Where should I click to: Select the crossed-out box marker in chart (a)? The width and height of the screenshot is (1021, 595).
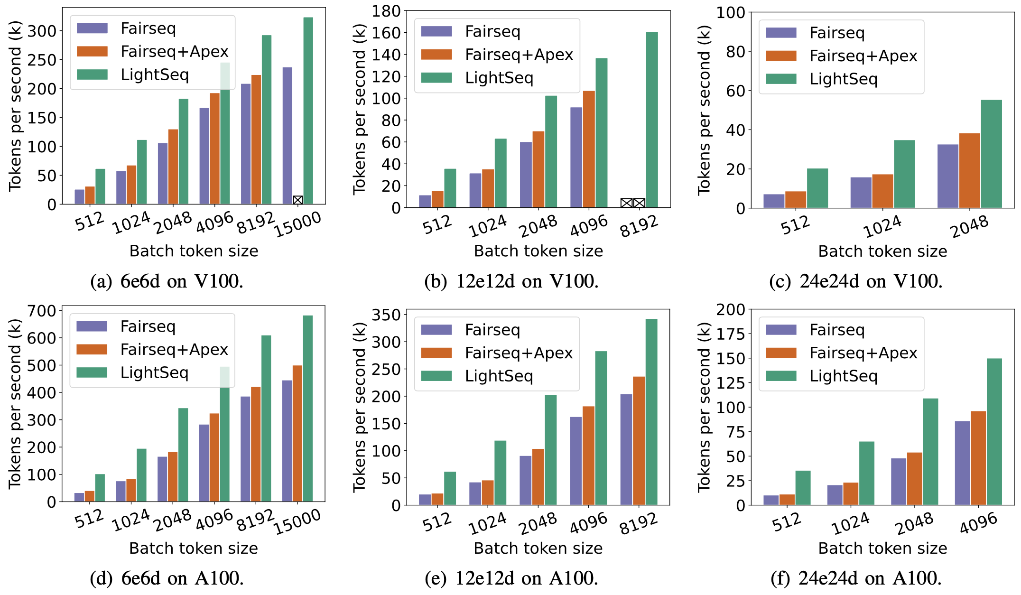coord(297,200)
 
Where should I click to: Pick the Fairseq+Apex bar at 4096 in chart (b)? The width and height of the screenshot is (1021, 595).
coord(589,149)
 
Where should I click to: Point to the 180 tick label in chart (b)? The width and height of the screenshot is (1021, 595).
coord(386,11)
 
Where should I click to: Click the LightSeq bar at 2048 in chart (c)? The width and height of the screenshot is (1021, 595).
coord(991,154)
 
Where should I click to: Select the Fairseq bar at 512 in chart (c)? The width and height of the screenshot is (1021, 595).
coord(774,201)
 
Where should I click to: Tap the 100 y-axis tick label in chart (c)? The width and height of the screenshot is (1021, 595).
coord(730,13)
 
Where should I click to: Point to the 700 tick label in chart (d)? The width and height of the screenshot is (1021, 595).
coord(42,311)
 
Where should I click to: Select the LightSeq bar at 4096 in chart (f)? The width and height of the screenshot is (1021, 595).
coord(994,431)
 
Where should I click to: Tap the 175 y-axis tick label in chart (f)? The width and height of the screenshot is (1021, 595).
coord(730,334)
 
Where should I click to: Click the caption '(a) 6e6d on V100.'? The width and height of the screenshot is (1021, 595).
coord(167,281)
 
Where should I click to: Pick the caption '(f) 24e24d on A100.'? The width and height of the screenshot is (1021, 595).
coord(856,578)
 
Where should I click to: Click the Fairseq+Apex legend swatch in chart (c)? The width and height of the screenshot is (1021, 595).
coord(780,56)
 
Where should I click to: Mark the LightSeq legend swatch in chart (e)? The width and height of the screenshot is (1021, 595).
coord(436,376)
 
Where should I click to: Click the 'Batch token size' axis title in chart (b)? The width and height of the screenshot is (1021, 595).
coord(538,251)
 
